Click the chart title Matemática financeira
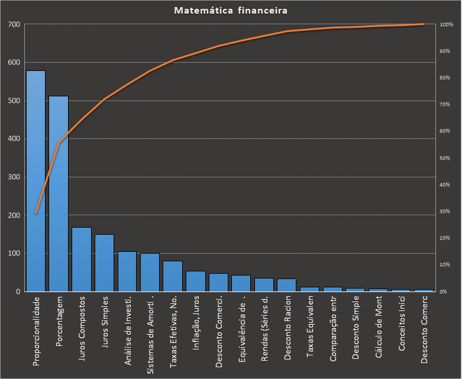pyautogui.click(x=231, y=11)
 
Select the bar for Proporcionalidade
pyautogui.click(x=35, y=181)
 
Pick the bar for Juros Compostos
pyautogui.click(x=82, y=260)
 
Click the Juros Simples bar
pyautogui.click(x=104, y=263)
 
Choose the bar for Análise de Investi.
pyautogui.click(x=127, y=271)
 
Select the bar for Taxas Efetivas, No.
pyautogui.click(x=173, y=276)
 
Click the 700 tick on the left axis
pyautogui.click(x=14, y=24)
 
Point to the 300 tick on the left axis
pyautogui.click(x=14, y=177)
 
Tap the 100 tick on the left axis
pyautogui.click(x=14, y=253)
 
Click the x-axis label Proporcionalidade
pyautogui.click(x=37, y=331)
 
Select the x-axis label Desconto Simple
pyautogui.click(x=356, y=328)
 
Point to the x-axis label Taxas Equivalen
pyautogui.click(x=310, y=328)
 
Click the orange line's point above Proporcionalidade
pyautogui.click(x=35, y=213)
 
